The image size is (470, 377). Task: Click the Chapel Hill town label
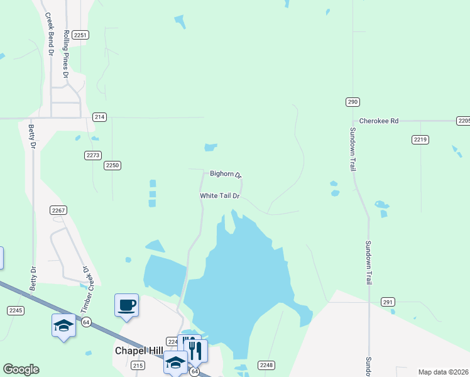(139, 351)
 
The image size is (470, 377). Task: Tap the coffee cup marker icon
(126, 305)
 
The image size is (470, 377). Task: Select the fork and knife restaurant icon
(196, 351)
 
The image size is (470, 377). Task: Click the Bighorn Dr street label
(226, 174)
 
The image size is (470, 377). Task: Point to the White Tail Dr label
(220, 196)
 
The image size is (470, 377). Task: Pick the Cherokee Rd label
(379, 121)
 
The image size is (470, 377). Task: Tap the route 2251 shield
(80, 35)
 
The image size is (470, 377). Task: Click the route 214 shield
(99, 117)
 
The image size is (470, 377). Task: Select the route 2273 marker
(92, 155)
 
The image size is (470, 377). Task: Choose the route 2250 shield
(112, 165)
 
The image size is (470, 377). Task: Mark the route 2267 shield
(58, 210)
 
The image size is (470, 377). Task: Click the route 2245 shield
(16, 310)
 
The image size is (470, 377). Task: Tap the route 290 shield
(352, 102)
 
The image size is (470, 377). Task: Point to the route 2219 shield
(420, 139)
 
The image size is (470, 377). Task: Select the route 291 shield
(388, 302)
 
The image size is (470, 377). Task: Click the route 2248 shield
(266, 365)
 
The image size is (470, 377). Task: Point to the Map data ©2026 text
(443, 372)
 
